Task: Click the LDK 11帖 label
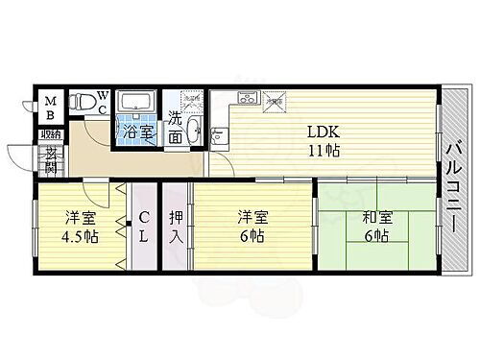pyautogui.click(x=322, y=141)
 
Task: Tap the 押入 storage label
pyautogui.click(x=176, y=228)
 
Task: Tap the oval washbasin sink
pyautogui.click(x=194, y=130)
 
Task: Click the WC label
pyautogui.click(x=101, y=104)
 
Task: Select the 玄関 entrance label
pyautogui.click(x=50, y=156)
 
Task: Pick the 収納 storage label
pyautogui.click(x=51, y=135)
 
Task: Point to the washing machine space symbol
pyautogui.click(x=192, y=98)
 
